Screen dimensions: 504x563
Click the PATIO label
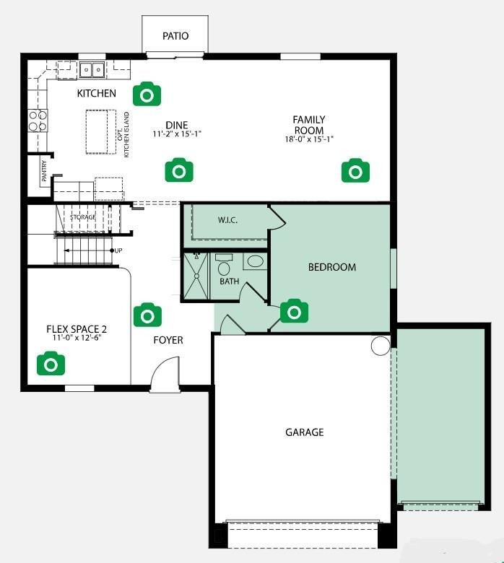pyautogui.click(x=175, y=36)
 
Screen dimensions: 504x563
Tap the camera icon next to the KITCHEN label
pyautogui.click(x=147, y=94)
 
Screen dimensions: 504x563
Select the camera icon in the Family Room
pyautogui.click(x=355, y=170)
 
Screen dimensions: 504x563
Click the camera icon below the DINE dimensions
pyautogui.click(x=179, y=170)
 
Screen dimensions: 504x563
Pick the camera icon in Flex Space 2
pyautogui.click(x=51, y=363)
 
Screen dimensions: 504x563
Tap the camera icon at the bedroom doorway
pyautogui.click(x=294, y=310)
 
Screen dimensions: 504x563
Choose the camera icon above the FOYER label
pyautogui.click(x=147, y=315)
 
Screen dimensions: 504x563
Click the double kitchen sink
pyautogui.click(x=92, y=70)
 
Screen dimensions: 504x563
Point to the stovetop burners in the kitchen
pyautogui.click(x=38, y=121)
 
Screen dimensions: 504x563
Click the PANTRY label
pyautogui.click(x=44, y=171)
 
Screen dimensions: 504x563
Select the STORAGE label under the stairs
pyautogui.click(x=83, y=217)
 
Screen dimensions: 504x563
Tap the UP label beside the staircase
pyautogui.click(x=118, y=250)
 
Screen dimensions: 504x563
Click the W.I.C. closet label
pyautogui.click(x=227, y=220)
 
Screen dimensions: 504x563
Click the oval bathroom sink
pyautogui.click(x=256, y=261)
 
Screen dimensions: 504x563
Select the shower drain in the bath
pyautogui.click(x=196, y=276)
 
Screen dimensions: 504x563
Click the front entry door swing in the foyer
pyautogui.click(x=165, y=374)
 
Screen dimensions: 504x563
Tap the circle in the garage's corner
pyautogui.click(x=381, y=346)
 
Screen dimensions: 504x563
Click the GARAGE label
pyautogui.click(x=305, y=432)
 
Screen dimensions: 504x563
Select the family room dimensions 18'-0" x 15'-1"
pyautogui.click(x=309, y=139)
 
